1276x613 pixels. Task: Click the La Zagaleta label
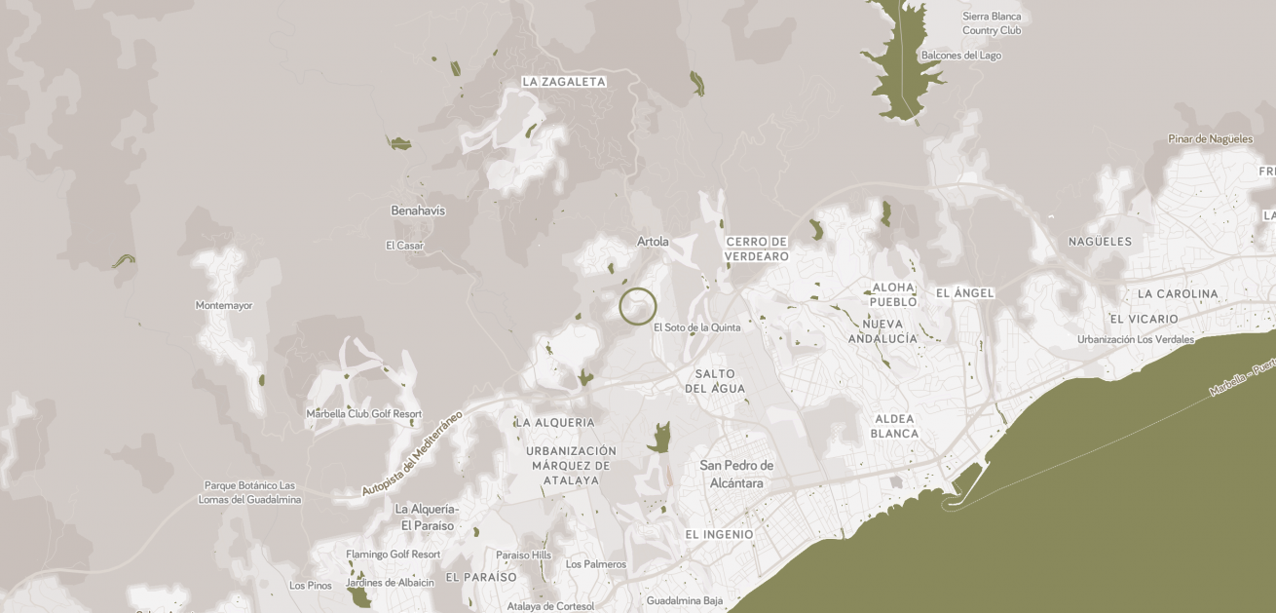tap(564, 82)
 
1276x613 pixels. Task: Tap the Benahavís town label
tap(418, 211)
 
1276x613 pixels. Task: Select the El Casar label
tap(404, 246)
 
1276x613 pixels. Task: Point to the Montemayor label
tap(224, 305)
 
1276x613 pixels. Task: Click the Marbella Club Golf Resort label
tap(364, 413)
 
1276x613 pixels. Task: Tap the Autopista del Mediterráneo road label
tap(412, 453)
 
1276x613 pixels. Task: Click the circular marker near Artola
tap(638, 306)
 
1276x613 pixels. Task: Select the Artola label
tap(653, 242)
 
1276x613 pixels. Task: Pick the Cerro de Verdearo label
tap(757, 249)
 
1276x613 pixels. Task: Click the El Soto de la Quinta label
tap(696, 327)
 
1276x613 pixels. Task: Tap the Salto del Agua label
tap(715, 381)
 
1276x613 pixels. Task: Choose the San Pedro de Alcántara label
tap(736, 474)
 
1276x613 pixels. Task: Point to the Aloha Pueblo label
tap(893, 294)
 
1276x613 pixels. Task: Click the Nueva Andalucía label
tap(882, 331)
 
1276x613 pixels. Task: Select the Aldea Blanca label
tap(894, 426)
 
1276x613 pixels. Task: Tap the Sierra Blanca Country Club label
tap(992, 23)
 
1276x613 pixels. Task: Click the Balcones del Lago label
tap(960, 56)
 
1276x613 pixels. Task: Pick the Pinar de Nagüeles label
tap(1210, 138)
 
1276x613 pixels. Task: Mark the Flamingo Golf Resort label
tap(394, 555)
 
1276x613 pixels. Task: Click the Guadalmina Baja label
tap(685, 600)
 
